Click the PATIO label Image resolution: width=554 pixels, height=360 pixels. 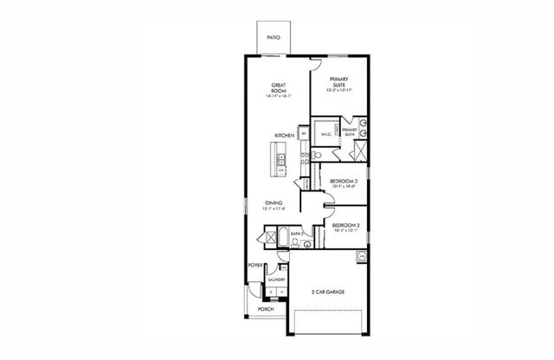point(273,38)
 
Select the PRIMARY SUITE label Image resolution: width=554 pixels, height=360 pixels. point(338,81)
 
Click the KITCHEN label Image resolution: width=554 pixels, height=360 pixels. point(285,137)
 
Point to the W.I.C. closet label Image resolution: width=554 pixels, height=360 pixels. point(327,134)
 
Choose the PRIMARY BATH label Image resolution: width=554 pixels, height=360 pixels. point(351,132)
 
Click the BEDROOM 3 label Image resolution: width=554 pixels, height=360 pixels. point(344,180)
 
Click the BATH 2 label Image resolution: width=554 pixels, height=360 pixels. point(296,235)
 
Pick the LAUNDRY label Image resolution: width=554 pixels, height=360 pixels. point(277,280)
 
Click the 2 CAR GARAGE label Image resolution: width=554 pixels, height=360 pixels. point(328,292)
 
